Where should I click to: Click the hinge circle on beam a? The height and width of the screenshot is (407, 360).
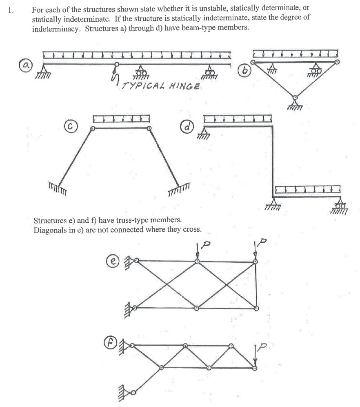coord(117,64)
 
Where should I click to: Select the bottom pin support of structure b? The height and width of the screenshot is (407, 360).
coord(295,103)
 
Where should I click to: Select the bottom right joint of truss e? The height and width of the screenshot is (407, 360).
coord(256,308)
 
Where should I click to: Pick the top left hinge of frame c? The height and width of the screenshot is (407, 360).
coord(93,128)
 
